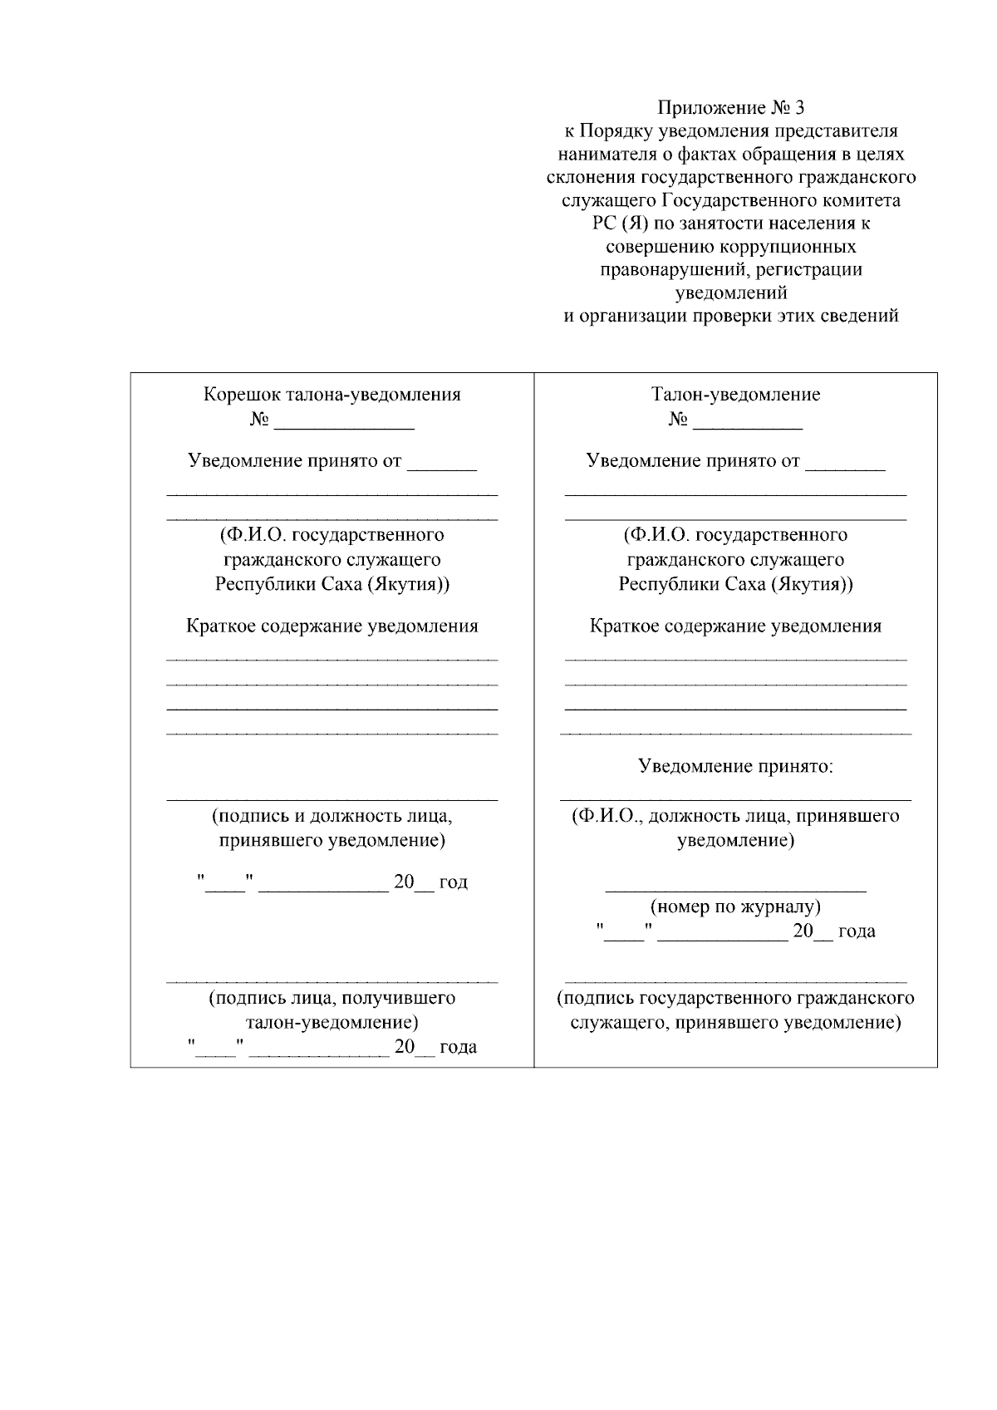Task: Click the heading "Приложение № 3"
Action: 731,108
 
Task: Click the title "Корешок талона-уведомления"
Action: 332,395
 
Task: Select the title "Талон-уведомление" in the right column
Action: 735,395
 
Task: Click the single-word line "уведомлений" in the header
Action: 731,292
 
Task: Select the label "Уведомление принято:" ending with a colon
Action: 735,766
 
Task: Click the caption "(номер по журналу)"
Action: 735,906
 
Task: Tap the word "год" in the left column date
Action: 454,882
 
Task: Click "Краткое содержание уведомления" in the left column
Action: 332,626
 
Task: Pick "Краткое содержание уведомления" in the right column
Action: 735,626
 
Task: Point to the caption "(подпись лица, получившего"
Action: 332,998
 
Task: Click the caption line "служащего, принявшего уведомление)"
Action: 735,1023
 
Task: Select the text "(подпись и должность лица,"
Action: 332,816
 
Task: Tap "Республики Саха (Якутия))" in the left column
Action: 332,584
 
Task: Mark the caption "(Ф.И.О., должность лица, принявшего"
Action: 735,816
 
